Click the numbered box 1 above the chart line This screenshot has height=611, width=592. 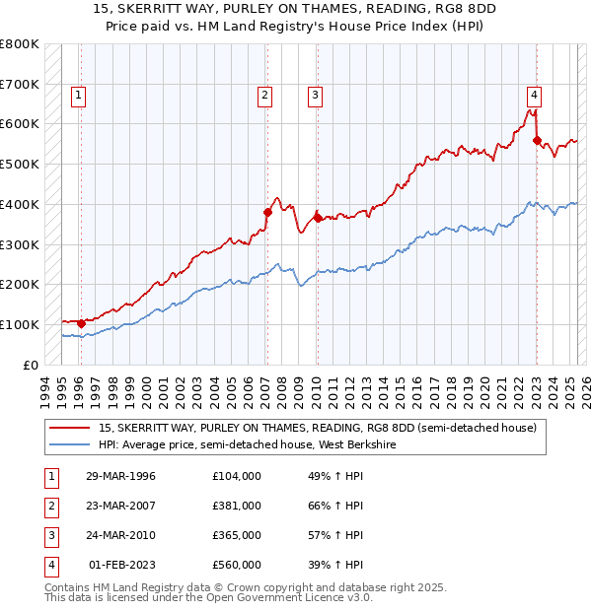[78, 96]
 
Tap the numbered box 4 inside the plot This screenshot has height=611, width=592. [534, 96]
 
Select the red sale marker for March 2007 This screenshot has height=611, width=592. [267, 211]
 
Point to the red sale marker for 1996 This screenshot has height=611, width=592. [81, 322]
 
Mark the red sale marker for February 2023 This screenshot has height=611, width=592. [537, 140]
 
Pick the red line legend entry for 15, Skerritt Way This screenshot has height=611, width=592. [317, 428]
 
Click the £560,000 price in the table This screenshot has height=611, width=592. [237, 565]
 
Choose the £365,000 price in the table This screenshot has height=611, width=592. [237, 535]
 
